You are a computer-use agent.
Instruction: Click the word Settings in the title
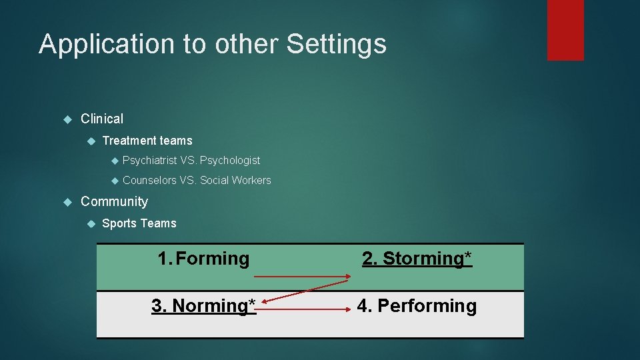pyautogui.click(x=336, y=45)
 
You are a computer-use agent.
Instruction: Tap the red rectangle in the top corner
pyautogui.click(x=565, y=30)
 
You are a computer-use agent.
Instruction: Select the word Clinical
pyautogui.click(x=102, y=119)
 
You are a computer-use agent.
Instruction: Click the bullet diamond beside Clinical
pyautogui.click(x=67, y=119)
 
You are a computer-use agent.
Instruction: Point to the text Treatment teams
pyautogui.click(x=147, y=141)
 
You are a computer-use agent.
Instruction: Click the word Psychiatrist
pyautogui.click(x=149, y=161)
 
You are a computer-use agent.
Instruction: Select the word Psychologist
pyautogui.click(x=230, y=161)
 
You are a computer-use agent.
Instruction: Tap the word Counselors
pyautogui.click(x=149, y=181)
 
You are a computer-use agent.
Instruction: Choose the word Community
pyautogui.click(x=114, y=201)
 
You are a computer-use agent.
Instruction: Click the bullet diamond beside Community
pyautogui.click(x=67, y=201)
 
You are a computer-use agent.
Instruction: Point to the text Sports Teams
pyautogui.click(x=139, y=223)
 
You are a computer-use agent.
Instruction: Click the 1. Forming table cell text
pyautogui.click(x=203, y=259)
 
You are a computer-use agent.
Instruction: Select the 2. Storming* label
pyautogui.click(x=417, y=259)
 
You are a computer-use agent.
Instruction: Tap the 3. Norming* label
pyautogui.click(x=203, y=306)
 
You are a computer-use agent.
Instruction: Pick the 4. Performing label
pyautogui.click(x=417, y=306)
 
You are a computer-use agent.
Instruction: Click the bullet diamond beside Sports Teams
pyautogui.click(x=92, y=223)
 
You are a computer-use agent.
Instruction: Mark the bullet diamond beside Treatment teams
pyautogui.click(x=92, y=141)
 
